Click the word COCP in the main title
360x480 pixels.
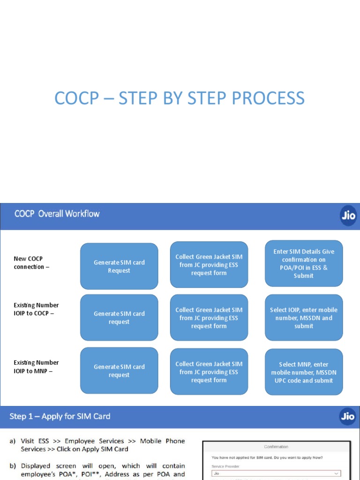[76, 98]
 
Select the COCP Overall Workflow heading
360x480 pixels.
[57, 214]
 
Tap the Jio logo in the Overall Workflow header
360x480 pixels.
[348, 217]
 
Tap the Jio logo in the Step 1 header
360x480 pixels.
[348, 416]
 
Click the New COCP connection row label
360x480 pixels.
[29, 262]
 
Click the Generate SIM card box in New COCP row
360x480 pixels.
[119, 266]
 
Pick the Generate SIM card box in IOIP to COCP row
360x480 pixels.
[119, 317]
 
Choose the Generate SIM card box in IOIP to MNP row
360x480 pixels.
[119, 370]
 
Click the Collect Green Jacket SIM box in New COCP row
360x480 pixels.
[209, 265]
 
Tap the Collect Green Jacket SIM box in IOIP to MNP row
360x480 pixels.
[209, 372]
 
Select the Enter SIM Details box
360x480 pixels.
[304, 263]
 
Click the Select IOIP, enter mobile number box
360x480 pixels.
[304, 317]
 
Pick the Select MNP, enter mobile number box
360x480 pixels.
[304, 372]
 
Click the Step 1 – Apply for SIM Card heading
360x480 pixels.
[60, 416]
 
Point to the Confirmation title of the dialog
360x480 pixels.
[276, 447]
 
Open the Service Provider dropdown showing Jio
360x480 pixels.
[276, 474]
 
